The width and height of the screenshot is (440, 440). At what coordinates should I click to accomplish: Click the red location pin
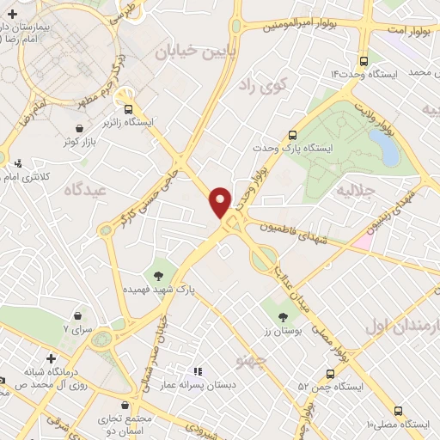pos(220,200)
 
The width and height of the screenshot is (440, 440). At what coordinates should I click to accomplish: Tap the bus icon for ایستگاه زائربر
pos(129,109)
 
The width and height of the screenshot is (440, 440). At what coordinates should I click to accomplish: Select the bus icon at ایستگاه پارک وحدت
pos(293,135)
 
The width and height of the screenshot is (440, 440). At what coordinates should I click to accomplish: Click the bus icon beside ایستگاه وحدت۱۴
pos(364,62)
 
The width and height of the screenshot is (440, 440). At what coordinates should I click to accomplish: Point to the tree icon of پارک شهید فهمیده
pos(157,276)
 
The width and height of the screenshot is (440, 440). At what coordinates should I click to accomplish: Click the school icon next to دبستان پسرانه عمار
pos(197,371)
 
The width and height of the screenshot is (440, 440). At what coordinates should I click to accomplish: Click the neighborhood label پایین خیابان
pos(189,52)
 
